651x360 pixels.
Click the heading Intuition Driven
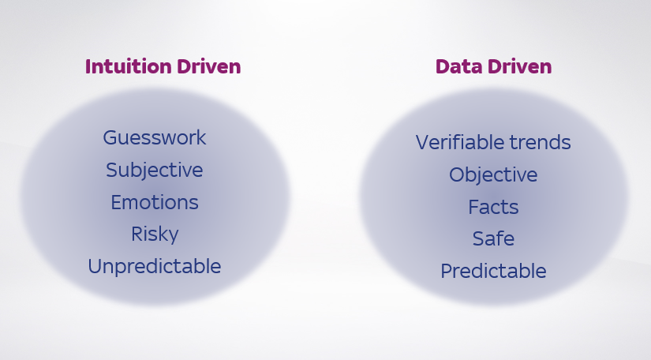[x=163, y=67]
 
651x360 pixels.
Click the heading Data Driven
[x=493, y=67]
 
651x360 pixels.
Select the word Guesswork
[x=155, y=138]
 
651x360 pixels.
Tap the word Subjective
[x=155, y=171]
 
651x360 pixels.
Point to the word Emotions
[x=155, y=203]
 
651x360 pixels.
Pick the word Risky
[x=155, y=234]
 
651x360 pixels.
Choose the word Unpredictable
[x=155, y=267]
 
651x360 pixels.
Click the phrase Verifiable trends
[x=493, y=143]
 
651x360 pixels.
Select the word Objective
[x=493, y=175]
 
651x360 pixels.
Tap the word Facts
[x=493, y=208]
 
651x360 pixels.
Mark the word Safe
[x=493, y=238]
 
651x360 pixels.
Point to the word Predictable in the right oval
[x=493, y=272]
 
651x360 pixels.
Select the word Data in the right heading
[x=457, y=67]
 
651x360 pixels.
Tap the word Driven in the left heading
[x=210, y=67]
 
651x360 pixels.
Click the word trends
[x=540, y=143]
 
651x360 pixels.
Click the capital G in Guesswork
[x=110, y=138]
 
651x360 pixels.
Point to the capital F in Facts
[x=473, y=208]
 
